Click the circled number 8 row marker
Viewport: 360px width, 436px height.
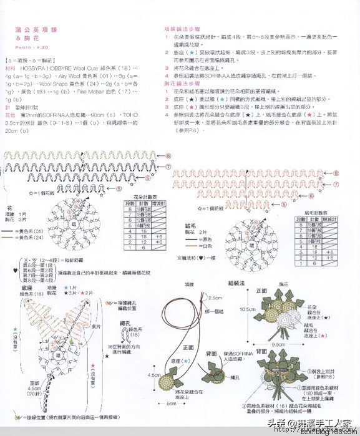pos(168,155)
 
